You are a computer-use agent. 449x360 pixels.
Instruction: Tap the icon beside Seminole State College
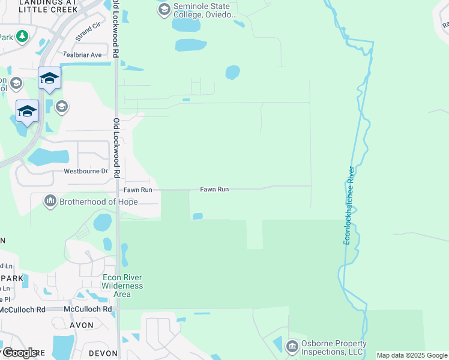164,10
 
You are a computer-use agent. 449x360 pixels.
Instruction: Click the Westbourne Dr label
86,171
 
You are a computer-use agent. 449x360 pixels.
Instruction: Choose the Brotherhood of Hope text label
98,202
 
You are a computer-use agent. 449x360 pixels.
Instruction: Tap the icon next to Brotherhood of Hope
50,201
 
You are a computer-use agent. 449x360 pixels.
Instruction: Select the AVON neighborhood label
82,325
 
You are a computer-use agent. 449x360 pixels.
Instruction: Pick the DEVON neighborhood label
103,353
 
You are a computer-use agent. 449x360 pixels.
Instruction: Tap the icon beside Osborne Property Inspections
292,346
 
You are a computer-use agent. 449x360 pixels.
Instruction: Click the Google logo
20,353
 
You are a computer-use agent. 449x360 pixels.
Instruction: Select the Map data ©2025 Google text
412,355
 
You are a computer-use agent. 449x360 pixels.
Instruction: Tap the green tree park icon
22,37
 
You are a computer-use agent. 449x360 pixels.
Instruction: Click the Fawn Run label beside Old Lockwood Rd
138,190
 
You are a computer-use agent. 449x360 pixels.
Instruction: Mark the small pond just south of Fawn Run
197,216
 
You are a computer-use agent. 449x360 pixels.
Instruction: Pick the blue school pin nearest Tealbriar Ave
49,78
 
